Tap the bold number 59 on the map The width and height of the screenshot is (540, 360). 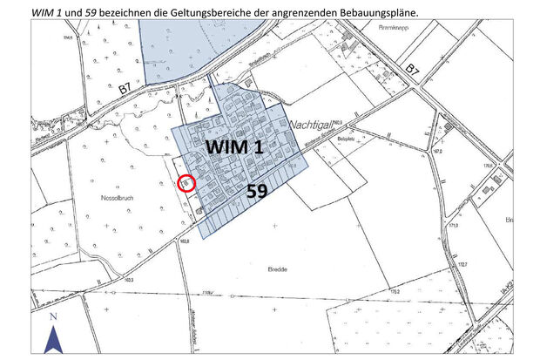pyautogui.click(x=257, y=192)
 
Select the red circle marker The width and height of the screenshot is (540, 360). pyautogui.click(x=186, y=183)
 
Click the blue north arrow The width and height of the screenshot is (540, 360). pyautogui.click(x=53, y=338)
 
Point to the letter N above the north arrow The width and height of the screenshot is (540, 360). pyautogui.click(x=53, y=316)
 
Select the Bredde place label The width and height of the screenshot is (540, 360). pyautogui.click(x=277, y=269)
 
